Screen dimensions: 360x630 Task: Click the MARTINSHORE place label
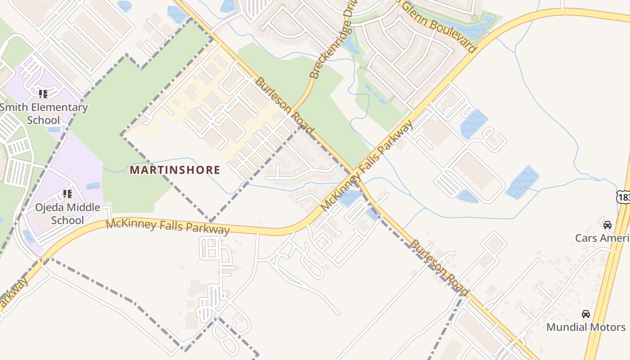click(175, 170)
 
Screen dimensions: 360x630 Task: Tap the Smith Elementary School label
click(44, 113)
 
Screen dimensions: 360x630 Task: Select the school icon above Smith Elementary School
click(43, 94)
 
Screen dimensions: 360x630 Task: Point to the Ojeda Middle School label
click(67, 214)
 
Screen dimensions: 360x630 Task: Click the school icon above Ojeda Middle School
click(67, 194)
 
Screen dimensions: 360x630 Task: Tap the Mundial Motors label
click(585, 327)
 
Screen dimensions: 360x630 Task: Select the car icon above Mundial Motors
click(585, 314)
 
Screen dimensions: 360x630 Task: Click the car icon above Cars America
click(607, 225)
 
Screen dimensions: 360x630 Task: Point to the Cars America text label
click(603, 238)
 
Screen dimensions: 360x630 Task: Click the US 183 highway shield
click(623, 197)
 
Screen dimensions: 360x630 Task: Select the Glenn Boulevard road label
click(438, 26)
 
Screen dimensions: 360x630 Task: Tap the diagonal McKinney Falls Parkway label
click(366, 166)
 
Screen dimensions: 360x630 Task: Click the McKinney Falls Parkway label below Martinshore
click(168, 225)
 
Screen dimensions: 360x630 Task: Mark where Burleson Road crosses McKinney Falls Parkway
click(355, 177)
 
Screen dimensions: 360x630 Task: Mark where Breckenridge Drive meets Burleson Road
click(293, 110)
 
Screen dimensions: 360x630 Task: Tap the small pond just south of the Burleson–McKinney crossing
click(350, 198)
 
